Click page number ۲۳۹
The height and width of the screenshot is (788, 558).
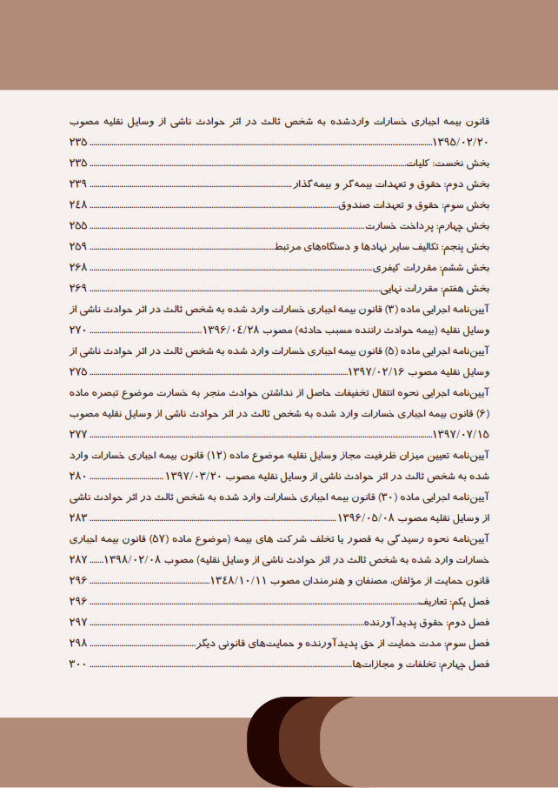(x=78, y=184)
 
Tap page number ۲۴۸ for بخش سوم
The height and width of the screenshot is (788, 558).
(x=78, y=204)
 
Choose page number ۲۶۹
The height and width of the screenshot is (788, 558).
(x=78, y=288)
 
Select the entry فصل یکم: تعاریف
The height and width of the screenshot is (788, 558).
(x=460, y=601)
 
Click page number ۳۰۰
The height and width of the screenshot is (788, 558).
(x=78, y=664)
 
